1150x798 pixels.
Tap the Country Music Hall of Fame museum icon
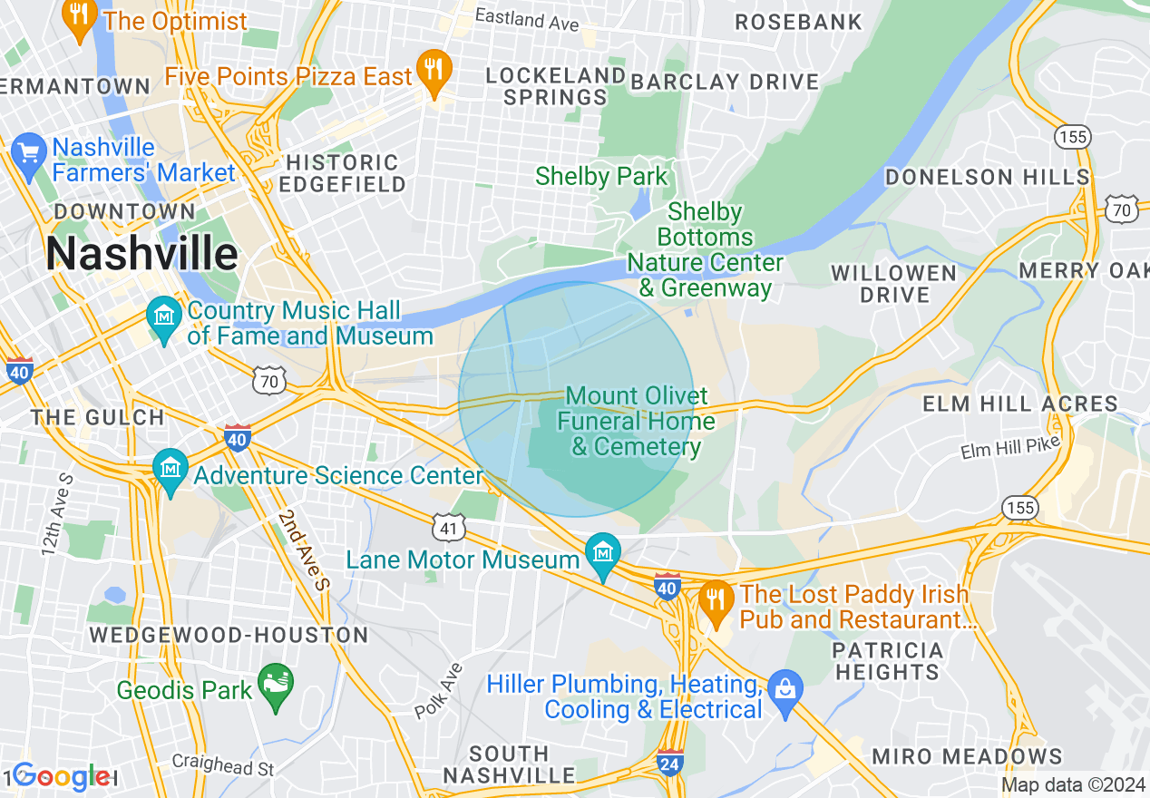(164, 318)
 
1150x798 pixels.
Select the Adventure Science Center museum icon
(171, 470)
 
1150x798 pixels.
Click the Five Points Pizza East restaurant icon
(434, 70)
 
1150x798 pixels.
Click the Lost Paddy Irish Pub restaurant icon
(716, 602)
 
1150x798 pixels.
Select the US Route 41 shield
(452, 526)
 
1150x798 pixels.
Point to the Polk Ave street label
(439, 691)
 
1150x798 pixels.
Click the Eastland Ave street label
(527, 18)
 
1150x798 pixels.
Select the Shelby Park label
(601, 176)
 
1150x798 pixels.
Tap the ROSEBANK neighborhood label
(798, 22)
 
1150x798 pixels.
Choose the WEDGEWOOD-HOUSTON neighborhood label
(229, 635)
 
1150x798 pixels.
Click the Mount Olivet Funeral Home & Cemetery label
(636, 421)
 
